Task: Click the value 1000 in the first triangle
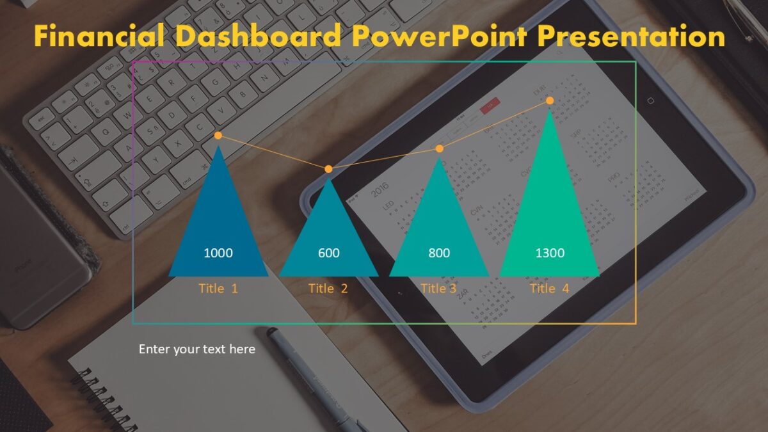pyautogui.click(x=218, y=253)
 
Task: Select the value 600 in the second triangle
pyautogui.click(x=328, y=253)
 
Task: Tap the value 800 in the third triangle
pyautogui.click(x=439, y=253)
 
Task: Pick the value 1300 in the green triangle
pyautogui.click(x=550, y=253)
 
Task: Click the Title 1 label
pyautogui.click(x=218, y=288)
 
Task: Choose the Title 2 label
pyautogui.click(x=328, y=288)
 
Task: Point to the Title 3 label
pyautogui.click(x=438, y=288)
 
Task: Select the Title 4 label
pyautogui.click(x=549, y=288)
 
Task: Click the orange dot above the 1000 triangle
pyautogui.click(x=218, y=136)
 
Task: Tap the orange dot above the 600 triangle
pyautogui.click(x=328, y=169)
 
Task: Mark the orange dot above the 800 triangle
pyautogui.click(x=439, y=148)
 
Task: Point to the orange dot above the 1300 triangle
pyautogui.click(x=550, y=100)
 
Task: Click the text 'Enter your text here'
pyautogui.click(x=197, y=349)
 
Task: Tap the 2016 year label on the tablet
pyautogui.click(x=380, y=190)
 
